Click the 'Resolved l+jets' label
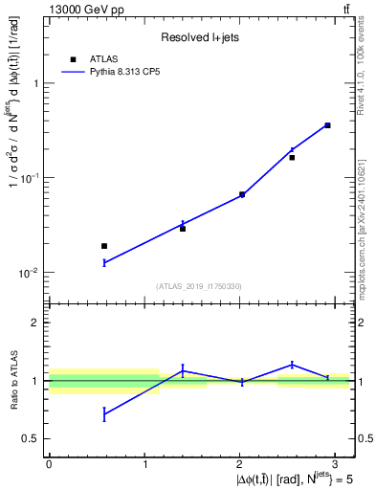[199, 38]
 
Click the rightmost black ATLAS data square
[327, 125]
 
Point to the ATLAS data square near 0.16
[292, 157]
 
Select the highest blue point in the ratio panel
[292, 364]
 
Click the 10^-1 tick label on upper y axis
[32, 178]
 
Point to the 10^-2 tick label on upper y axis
[32, 273]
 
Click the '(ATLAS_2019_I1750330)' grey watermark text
[199, 285]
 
